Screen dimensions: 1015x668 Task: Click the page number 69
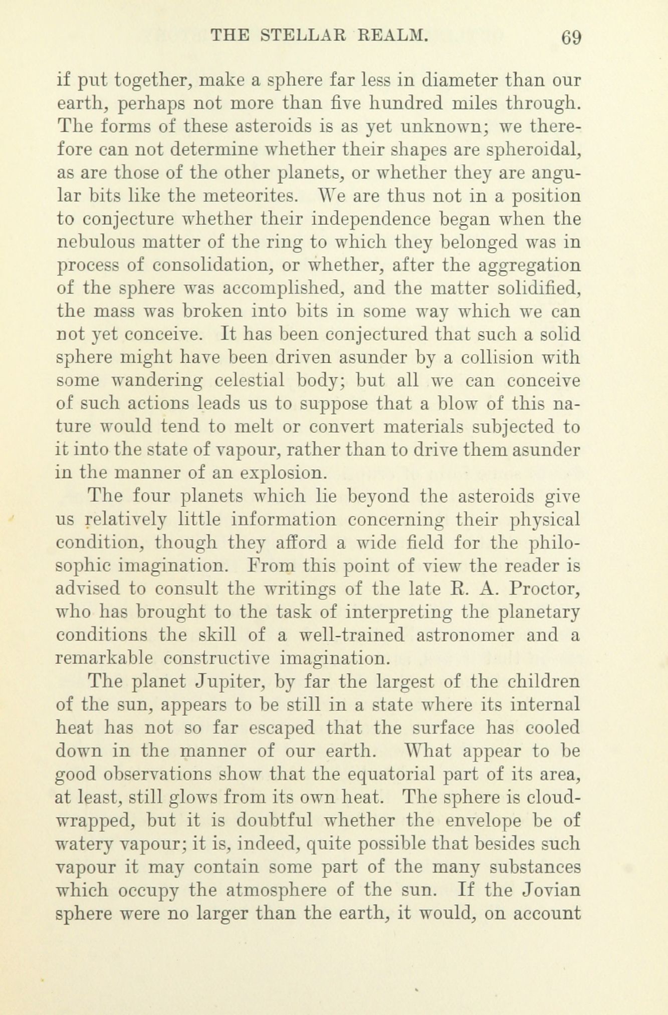tap(571, 38)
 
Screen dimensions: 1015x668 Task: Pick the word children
tap(543, 682)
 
